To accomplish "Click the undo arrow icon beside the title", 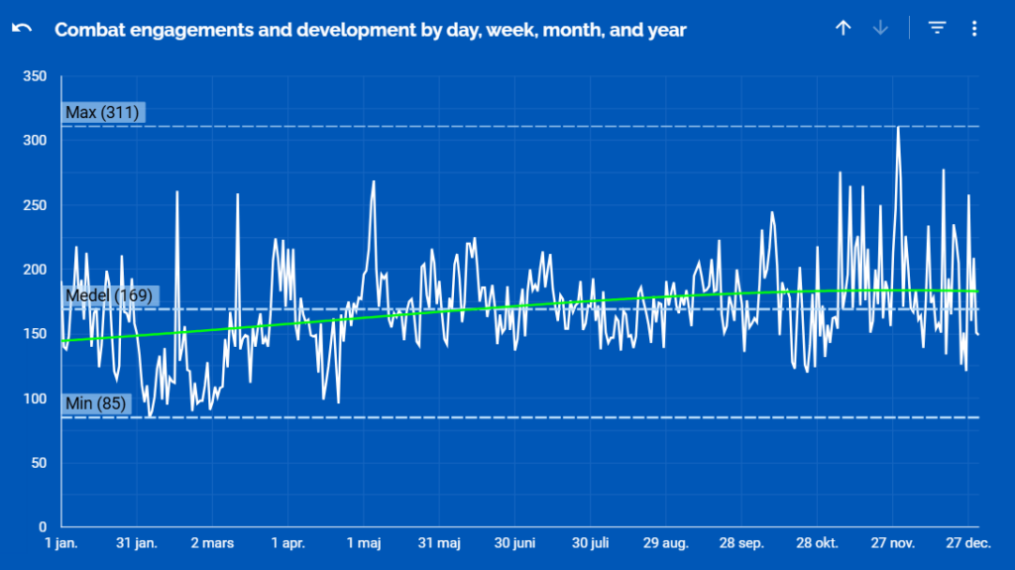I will [22, 29].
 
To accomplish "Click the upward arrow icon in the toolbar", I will [843, 29].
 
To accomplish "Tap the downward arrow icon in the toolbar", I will [880, 29].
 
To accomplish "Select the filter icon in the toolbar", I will [937, 29].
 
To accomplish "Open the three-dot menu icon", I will [974, 29].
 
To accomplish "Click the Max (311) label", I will [102, 113].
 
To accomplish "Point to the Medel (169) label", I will [109, 295].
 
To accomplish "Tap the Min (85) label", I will [95, 403].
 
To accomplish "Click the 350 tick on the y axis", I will [35, 76].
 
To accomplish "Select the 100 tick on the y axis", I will [35, 399].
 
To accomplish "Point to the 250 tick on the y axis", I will [35, 205].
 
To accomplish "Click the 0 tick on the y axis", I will [43, 527].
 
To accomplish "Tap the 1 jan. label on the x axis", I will [61, 543].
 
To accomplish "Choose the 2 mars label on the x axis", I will [212, 543].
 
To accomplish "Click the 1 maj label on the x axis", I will [363, 543].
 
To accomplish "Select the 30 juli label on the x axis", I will [590, 543].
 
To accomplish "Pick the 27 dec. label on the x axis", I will [968, 543].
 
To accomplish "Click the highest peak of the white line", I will [898, 128].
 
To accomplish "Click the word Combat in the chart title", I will [85, 30].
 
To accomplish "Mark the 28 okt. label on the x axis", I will [817, 543].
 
